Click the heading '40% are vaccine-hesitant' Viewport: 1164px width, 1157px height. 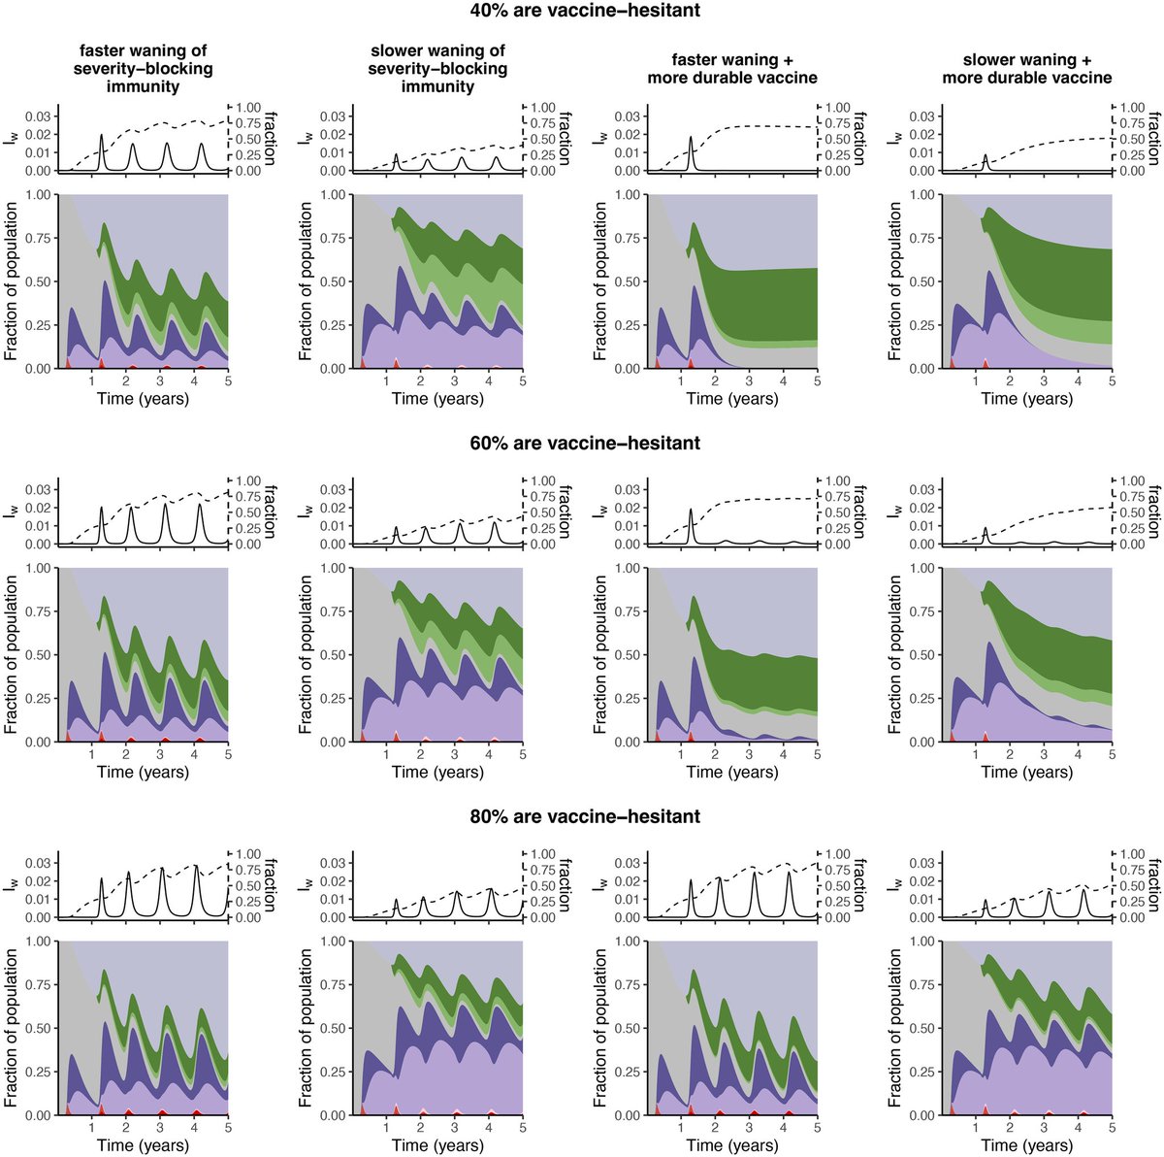582,12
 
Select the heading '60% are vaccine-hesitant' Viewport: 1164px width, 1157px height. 582,444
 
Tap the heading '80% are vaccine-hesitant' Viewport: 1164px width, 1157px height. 582,817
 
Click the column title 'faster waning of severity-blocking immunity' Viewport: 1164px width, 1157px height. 144,68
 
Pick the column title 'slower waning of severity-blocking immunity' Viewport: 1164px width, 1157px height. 437,68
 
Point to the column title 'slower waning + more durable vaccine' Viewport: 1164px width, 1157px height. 1026,68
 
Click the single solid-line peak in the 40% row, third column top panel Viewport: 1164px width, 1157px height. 692,138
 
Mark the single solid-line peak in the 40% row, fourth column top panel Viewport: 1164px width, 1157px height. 986,156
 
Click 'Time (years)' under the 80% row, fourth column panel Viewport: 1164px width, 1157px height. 1026,1146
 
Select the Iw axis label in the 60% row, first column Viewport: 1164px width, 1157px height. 12,512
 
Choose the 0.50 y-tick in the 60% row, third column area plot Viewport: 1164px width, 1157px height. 626,655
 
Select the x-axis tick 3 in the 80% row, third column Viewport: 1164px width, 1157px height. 749,1129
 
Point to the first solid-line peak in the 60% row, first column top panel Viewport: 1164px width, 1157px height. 102,509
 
